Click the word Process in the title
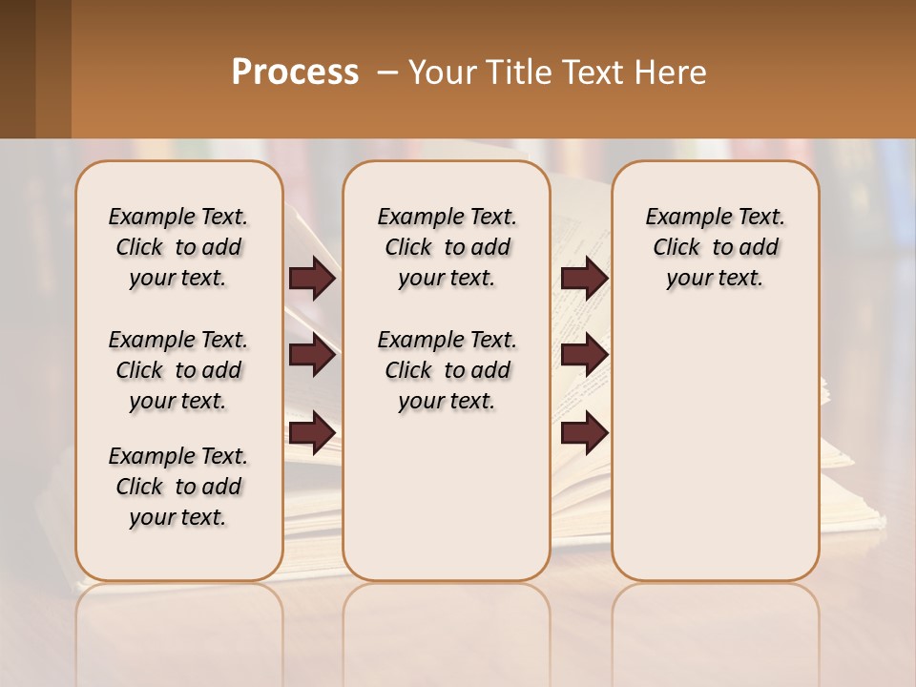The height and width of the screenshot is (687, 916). click(295, 73)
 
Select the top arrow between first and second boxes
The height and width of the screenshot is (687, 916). click(312, 279)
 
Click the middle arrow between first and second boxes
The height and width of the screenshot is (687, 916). click(312, 356)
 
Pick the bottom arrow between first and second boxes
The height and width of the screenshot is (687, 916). click(312, 433)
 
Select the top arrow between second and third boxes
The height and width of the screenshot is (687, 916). click(584, 279)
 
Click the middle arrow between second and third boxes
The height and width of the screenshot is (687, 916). click(584, 356)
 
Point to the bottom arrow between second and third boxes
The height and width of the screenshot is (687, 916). click(584, 433)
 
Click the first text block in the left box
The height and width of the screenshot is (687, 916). click(178, 247)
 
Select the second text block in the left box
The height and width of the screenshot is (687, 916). click(178, 370)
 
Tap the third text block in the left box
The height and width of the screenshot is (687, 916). click(178, 487)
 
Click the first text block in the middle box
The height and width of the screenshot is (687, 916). click(447, 247)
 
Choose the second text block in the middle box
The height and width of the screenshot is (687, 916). click(447, 370)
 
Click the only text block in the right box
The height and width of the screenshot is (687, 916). click(715, 247)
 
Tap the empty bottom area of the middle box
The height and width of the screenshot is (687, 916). click(447, 506)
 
